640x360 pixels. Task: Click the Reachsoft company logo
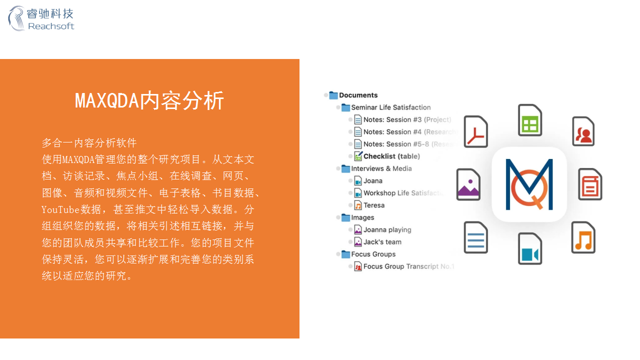[41, 18]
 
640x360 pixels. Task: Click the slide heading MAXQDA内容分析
[149, 101]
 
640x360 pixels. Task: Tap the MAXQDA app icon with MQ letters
[529, 184]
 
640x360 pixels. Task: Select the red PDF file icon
[475, 132]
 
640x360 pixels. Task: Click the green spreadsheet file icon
[530, 120]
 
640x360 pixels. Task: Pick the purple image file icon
[468, 184]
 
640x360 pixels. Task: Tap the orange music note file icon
[583, 237]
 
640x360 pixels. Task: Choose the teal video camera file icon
[530, 248]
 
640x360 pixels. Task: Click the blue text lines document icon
[475, 237]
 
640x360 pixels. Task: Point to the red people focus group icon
[583, 131]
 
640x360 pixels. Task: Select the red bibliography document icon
[590, 184]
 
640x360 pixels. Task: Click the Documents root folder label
[358, 95]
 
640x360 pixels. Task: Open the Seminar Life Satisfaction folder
[390, 107]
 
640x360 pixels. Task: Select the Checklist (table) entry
[391, 156]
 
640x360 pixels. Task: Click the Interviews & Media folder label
[381, 169]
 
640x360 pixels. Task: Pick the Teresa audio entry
[374, 205]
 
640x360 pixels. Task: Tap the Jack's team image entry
[382, 242]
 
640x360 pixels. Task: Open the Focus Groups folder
[373, 254]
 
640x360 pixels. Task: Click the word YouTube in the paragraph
[60, 209]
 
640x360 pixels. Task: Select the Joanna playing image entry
[387, 230]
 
